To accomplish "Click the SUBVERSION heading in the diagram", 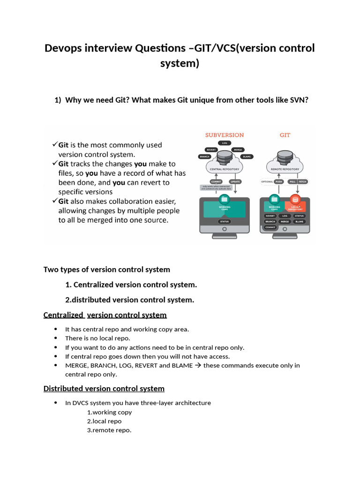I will click(225, 135).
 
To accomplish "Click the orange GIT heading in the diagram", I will click(285, 135).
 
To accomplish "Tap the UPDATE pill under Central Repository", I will click(235, 181).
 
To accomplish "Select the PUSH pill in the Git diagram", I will click(278, 181).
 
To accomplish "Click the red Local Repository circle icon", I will click(295, 199).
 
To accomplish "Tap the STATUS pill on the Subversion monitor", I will click(224, 221).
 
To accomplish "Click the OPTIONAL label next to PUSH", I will click(266, 181).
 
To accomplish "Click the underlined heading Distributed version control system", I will click(104, 389).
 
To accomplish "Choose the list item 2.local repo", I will click(104, 421).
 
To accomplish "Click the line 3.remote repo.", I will click(109, 430).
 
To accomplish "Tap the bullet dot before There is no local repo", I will click(55, 338).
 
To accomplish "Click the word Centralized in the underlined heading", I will click(63, 315).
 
